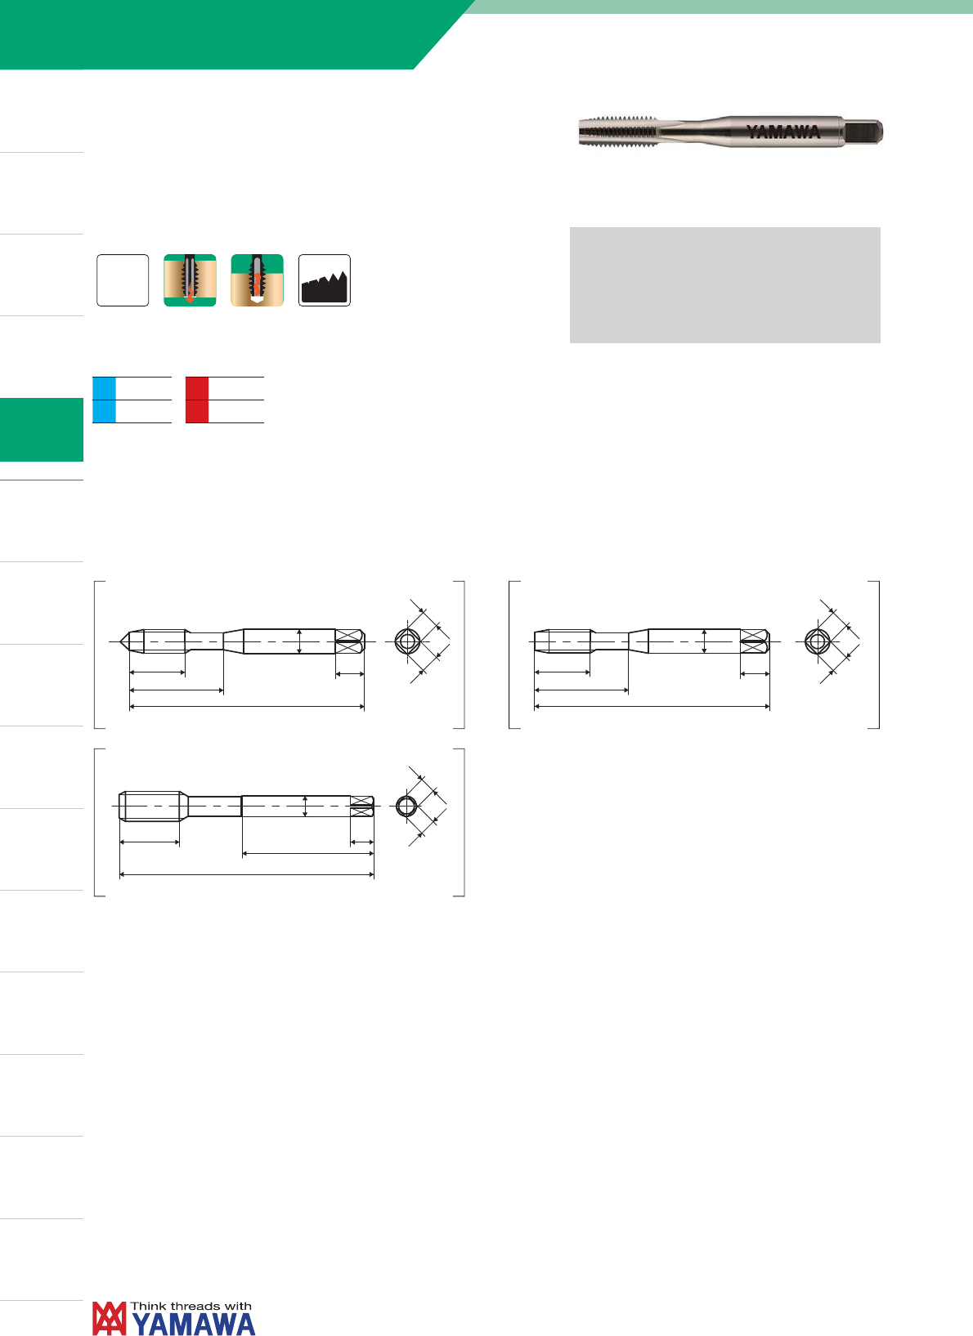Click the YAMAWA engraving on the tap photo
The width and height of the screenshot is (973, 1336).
783,132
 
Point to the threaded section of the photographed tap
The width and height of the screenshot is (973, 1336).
618,132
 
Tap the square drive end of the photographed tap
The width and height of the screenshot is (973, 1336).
863,132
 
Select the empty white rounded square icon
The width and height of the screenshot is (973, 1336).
123,280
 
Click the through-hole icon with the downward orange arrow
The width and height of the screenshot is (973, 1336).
190,280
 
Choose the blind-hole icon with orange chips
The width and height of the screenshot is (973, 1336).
258,280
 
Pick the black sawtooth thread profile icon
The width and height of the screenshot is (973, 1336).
325,280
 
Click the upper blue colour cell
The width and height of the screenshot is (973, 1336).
104,388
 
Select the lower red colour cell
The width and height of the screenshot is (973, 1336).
197,412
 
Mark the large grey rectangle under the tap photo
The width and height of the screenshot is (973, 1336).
724,285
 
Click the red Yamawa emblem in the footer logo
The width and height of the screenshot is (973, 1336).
110,1318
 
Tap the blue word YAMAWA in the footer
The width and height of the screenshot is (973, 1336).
194,1324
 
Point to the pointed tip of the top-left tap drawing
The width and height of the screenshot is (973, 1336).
120,641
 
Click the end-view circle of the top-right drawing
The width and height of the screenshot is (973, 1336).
817,641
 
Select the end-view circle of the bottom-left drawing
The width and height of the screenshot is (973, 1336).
406,807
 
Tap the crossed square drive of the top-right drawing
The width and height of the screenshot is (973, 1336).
755,641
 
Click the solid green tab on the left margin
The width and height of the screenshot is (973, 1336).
41,430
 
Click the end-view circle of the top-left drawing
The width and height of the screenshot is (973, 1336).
408,641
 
